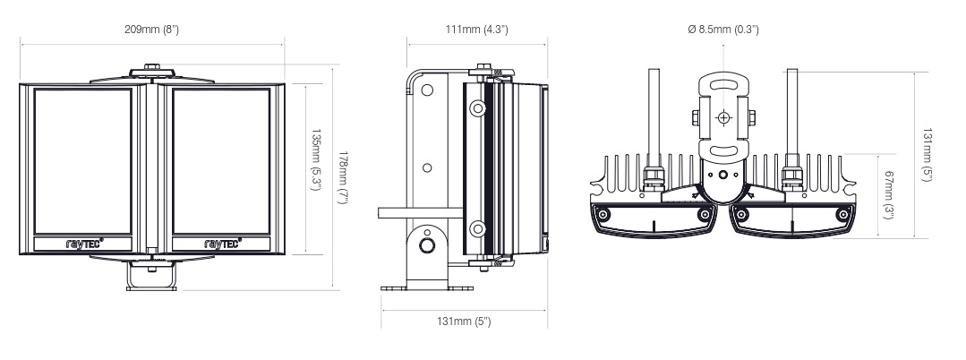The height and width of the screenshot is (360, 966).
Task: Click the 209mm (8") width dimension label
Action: click(152, 30)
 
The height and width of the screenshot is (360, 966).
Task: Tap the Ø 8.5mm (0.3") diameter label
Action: click(723, 30)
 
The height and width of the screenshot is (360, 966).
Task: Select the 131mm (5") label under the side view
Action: click(463, 321)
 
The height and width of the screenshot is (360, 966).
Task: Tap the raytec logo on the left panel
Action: click(86, 242)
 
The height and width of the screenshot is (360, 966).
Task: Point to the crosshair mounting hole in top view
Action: click(723, 117)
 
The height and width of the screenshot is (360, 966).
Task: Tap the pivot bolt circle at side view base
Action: click(428, 244)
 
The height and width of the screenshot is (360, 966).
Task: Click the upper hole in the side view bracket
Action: click(428, 90)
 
